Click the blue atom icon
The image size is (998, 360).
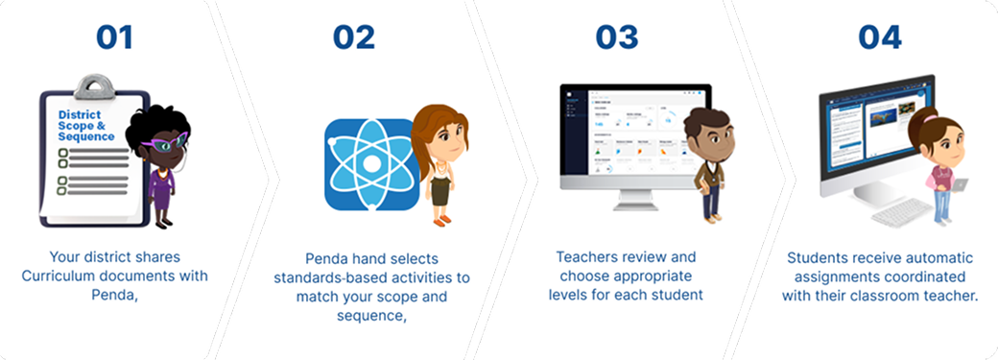pos(368,163)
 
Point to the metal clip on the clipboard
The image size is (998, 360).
pos(93,88)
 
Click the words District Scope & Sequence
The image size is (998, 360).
pos(86,125)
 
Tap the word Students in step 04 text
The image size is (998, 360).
pos(817,258)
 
